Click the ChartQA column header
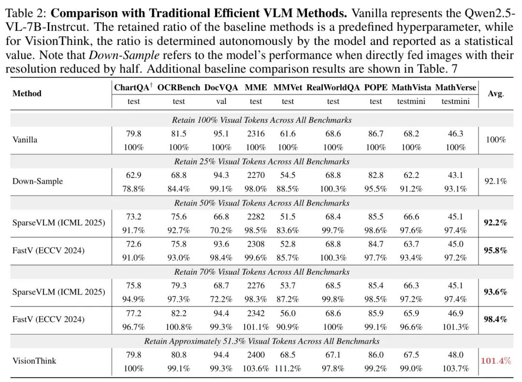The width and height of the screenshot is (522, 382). click(x=132, y=88)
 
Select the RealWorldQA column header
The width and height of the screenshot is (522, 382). click(x=333, y=88)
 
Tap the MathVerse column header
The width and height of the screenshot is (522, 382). click(x=455, y=88)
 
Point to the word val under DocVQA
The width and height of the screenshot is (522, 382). click(x=221, y=102)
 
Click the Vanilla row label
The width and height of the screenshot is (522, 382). click(x=25, y=140)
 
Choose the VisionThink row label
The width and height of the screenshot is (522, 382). click(x=34, y=361)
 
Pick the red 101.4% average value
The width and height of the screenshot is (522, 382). click(x=495, y=361)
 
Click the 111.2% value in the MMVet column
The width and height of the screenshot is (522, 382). click(x=288, y=368)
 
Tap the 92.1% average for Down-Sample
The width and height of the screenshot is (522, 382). click(x=495, y=181)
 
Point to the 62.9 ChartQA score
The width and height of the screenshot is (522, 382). click(x=133, y=175)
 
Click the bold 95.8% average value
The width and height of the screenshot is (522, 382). click(x=495, y=250)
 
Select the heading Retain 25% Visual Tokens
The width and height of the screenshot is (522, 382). click(x=261, y=161)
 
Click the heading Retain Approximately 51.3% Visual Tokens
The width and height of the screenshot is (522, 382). click(x=261, y=341)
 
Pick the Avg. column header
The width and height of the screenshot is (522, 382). click(x=495, y=94)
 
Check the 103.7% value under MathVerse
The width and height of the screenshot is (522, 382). click(x=455, y=368)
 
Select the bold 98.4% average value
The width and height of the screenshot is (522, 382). click(x=495, y=319)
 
